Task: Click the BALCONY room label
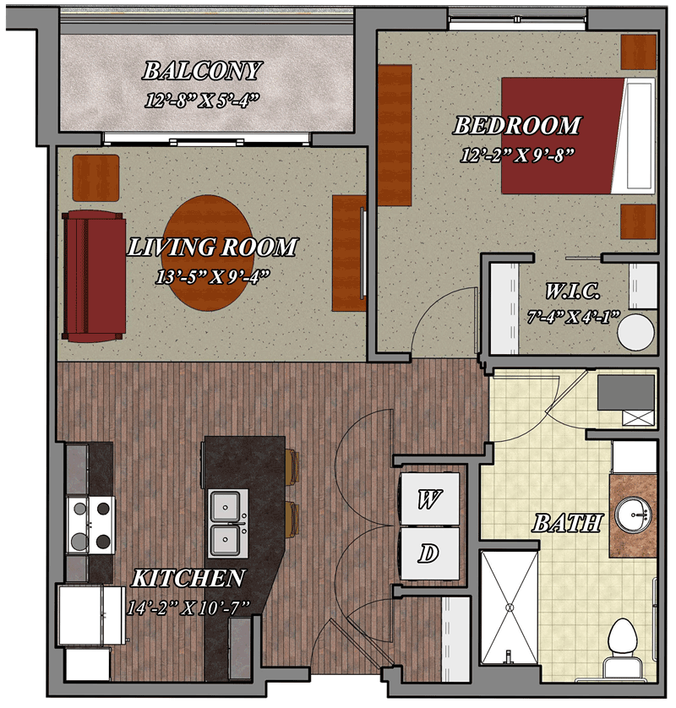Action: click(x=202, y=71)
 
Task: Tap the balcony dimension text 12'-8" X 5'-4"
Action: click(x=202, y=101)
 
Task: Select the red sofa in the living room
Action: click(x=94, y=275)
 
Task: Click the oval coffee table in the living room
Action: click(x=208, y=253)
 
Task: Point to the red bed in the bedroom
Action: click(x=578, y=136)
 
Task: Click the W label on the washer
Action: click(x=429, y=499)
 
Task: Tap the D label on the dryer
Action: click(x=428, y=553)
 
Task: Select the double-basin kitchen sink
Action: click(x=228, y=524)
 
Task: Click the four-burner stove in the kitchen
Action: click(x=90, y=526)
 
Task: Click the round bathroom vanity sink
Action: click(x=634, y=515)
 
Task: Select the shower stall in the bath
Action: click(x=510, y=607)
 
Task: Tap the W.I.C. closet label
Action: click(x=573, y=291)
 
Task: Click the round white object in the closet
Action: click(x=635, y=332)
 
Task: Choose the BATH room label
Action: click(x=567, y=523)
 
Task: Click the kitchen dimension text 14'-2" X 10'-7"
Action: click(x=188, y=608)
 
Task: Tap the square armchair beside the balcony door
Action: click(x=96, y=178)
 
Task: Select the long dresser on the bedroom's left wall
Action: click(x=395, y=135)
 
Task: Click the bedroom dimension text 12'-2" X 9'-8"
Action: click(x=517, y=155)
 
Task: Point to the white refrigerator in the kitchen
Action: click(x=90, y=615)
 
